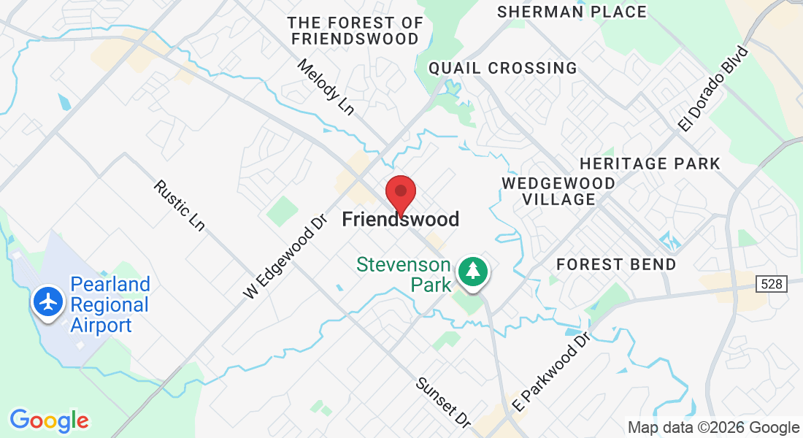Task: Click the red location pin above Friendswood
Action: tap(400, 193)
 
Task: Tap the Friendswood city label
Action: tap(401, 219)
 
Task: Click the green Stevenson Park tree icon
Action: tap(474, 272)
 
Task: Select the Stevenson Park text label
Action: tap(403, 274)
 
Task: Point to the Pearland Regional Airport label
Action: tap(109, 304)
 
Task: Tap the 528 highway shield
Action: tap(775, 284)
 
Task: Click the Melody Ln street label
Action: tap(326, 87)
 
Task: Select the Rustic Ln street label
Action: tap(179, 206)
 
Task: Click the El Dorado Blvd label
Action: tap(713, 89)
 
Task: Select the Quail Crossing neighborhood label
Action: tap(502, 68)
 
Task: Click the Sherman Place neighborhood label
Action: tap(572, 12)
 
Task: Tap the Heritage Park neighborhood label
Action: tap(650, 164)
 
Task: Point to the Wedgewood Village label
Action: tap(558, 191)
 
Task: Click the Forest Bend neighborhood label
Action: tap(617, 264)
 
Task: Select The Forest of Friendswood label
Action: tap(355, 31)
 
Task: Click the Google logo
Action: tap(49, 420)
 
